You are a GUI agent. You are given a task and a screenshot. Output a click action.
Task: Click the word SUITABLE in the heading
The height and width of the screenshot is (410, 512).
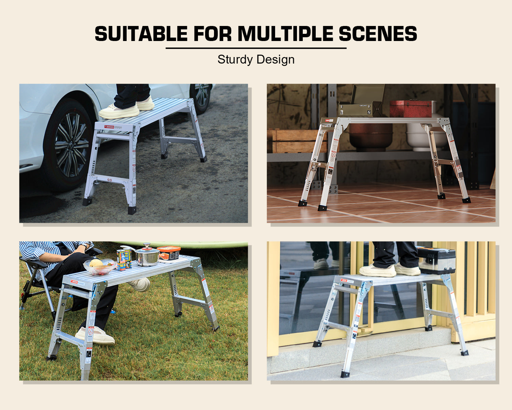pos(141,34)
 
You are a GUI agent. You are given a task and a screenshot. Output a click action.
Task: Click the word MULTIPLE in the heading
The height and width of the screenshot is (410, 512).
pos(285,34)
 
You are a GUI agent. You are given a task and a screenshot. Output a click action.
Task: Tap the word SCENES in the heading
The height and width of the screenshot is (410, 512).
pos(378,34)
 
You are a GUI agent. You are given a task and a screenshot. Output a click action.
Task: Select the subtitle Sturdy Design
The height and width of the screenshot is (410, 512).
pos(256,59)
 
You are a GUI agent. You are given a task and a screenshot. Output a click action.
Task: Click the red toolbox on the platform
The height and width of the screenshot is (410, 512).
pos(411,109)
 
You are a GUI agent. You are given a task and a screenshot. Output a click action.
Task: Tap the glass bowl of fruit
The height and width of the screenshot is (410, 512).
pos(99,266)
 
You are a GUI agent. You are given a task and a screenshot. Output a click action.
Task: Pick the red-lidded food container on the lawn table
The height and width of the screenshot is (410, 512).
pos(169,253)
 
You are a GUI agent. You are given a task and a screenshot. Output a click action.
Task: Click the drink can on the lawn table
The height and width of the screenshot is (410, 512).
pos(124,259)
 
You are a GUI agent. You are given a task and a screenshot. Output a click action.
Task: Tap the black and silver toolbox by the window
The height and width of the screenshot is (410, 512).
pos(437,260)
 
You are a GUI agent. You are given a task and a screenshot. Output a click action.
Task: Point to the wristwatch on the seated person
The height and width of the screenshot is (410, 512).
pos(82,246)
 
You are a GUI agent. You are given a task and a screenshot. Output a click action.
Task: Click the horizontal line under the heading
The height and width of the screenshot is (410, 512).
pos(256,48)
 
